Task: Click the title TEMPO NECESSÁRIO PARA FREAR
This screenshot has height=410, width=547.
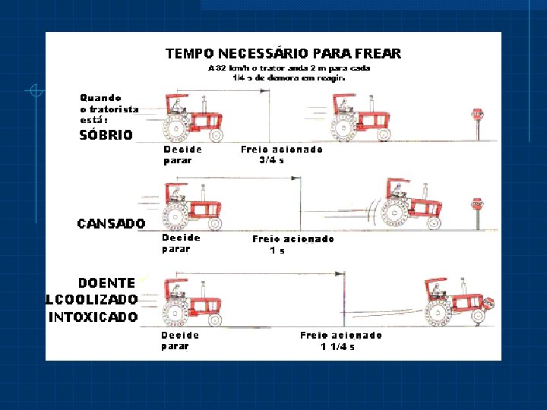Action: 283,54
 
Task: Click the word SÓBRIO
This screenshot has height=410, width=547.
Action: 106,136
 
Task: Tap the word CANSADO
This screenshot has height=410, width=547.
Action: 112,223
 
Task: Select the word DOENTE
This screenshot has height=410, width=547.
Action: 107,282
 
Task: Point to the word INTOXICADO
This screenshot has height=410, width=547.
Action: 93,317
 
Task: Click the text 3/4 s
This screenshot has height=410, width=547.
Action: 272,160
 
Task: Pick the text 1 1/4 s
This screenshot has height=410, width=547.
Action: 337,346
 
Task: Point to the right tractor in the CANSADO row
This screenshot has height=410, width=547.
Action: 410,205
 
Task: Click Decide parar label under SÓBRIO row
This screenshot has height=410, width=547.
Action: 182,155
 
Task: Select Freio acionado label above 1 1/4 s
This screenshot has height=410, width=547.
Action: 341,335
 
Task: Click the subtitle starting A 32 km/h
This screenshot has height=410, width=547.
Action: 289,72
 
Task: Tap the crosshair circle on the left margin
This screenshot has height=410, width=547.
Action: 35,91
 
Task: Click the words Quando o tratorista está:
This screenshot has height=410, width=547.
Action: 109,109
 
